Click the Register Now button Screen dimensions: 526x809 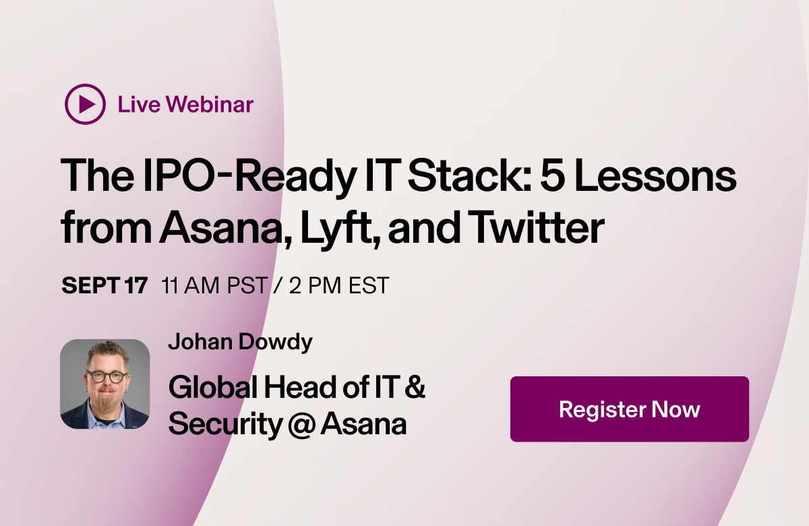coord(629,409)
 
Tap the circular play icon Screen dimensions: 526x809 coord(85,104)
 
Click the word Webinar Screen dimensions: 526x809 coord(210,105)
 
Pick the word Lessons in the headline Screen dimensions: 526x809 coord(667,177)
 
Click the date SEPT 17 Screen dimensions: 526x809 coord(104,285)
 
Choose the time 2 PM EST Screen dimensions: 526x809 coord(339,285)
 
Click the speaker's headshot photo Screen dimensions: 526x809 coord(104,384)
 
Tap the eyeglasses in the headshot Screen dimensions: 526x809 coord(105,376)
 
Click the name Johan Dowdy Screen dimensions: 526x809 coord(240,342)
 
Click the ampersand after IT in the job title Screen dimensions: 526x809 coord(417,388)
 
